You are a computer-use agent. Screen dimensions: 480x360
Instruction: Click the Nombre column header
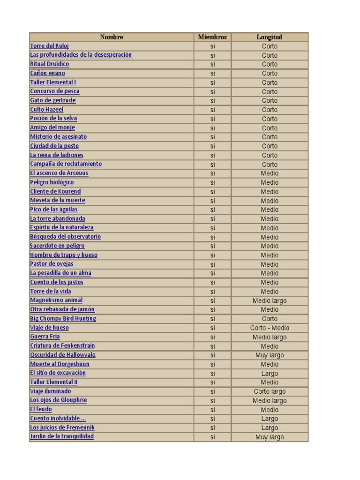(112, 37)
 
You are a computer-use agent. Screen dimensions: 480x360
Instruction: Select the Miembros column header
(212, 37)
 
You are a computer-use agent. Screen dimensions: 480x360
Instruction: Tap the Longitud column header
(270, 37)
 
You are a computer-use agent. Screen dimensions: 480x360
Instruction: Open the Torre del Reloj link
(50, 46)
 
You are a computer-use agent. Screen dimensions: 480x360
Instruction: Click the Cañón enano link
(47, 73)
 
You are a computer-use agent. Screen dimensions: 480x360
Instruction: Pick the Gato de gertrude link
(52, 100)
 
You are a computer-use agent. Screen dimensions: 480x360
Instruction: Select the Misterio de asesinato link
(58, 137)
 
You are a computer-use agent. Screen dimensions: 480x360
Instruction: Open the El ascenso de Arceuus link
(59, 173)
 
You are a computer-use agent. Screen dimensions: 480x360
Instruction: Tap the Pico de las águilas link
(54, 210)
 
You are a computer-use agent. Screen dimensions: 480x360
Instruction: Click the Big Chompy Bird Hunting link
(63, 319)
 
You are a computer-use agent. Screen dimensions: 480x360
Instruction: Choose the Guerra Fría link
(45, 337)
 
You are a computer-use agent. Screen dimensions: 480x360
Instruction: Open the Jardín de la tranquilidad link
(62, 436)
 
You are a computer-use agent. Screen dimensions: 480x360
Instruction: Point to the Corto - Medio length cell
(270, 328)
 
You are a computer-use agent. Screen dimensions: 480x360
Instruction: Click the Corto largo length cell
(270, 391)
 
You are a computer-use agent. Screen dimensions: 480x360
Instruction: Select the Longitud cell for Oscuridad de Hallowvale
(270, 355)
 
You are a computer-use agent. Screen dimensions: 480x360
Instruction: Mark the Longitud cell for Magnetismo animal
(270, 301)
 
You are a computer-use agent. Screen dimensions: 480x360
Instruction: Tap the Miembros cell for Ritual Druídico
(212, 64)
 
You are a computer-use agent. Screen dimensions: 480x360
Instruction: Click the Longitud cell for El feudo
(270, 410)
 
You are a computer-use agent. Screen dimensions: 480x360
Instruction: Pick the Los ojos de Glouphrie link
(59, 400)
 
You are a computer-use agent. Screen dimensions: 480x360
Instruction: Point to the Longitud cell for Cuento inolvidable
(270, 419)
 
